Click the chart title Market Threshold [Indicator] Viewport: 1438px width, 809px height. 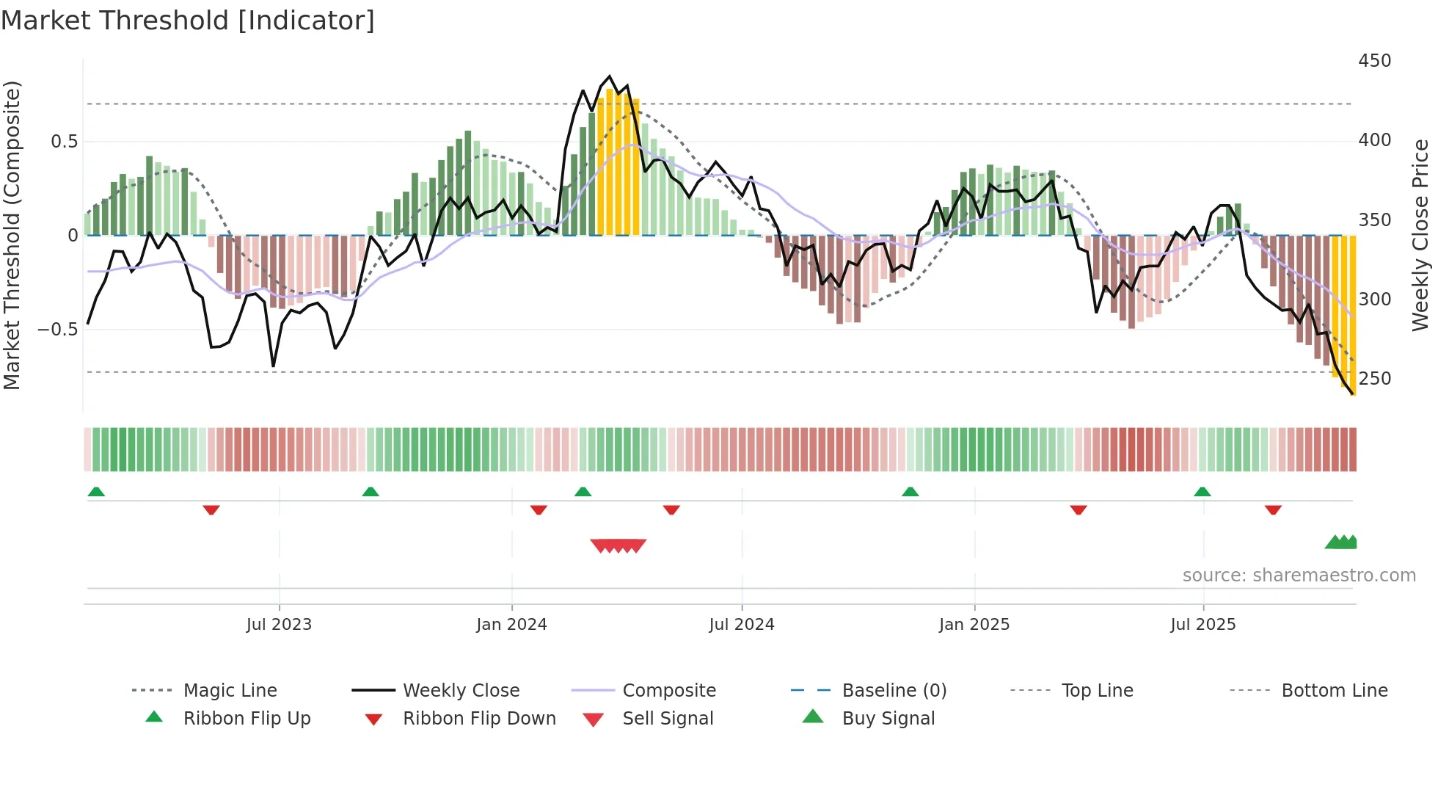188,21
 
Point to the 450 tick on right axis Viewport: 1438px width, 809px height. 1374,61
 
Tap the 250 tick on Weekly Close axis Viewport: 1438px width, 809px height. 1374,379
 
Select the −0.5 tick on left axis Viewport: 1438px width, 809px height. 57,330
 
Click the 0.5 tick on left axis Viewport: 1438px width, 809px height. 64,142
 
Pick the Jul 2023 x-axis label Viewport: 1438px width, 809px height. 279,625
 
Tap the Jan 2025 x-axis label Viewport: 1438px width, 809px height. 974,625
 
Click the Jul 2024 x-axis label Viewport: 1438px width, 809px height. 741,625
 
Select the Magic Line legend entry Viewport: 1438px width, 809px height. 230,691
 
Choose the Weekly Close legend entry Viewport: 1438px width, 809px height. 461,691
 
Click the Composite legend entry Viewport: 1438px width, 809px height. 668,691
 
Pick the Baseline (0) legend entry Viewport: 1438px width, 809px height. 894,691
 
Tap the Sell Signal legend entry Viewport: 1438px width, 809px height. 667,719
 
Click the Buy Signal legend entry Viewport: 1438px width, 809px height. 888,719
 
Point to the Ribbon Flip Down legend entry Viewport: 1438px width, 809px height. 478,719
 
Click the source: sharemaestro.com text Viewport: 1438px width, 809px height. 1299,576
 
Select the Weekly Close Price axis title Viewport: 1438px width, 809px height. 1420,235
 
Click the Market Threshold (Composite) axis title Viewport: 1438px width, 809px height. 12,235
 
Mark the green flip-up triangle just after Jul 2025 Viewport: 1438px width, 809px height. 1202,492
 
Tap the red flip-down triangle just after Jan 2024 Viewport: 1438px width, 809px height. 539,509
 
